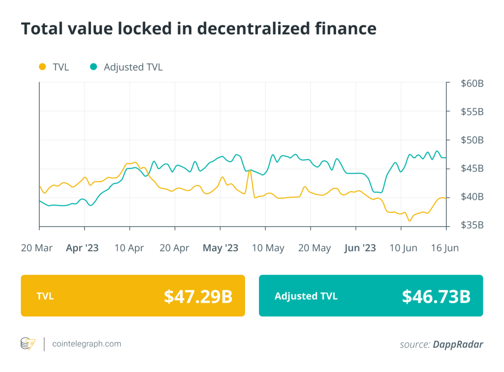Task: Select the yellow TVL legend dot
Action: point(42,67)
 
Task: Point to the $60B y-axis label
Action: point(472,84)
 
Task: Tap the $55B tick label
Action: point(472,112)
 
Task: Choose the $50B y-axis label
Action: point(472,140)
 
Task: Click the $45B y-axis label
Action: point(472,169)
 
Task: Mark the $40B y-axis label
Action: point(472,197)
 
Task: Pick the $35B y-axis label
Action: point(472,225)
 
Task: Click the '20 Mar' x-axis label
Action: point(37,248)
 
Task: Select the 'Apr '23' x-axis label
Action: point(82,248)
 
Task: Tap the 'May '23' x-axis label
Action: point(220,248)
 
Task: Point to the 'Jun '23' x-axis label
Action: point(360,248)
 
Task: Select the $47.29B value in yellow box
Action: point(198,296)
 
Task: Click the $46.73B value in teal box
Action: point(436,296)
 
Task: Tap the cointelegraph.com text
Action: point(87,344)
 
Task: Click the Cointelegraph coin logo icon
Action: point(28,344)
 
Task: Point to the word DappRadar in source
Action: point(458,344)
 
